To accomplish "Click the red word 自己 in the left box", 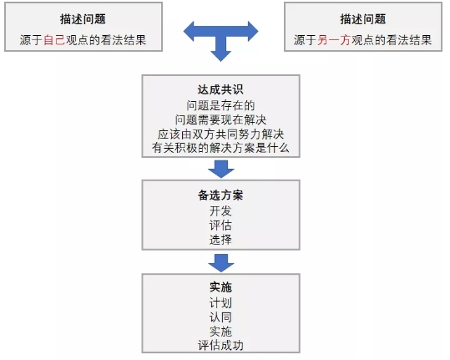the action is pyautogui.click(x=54, y=40).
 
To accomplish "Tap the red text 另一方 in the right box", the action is pyautogui.click(x=334, y=40).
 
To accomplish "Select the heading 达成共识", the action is pyautogui.click(x=220, y=89).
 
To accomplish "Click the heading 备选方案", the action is pyautogui.click(x=220, y=195).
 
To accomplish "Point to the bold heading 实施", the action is pyautogui.click(x=220, y=286).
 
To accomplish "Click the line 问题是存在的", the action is pyautogui.click(x=220, y=105).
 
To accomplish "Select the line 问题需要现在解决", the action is pyautogui.click(x=220, y=119).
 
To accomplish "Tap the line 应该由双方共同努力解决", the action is pyautogui.click(x=220, y=134).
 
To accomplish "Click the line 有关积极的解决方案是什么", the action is pyautogui.click(x=220, y=148).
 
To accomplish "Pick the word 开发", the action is pyautogui.click(x=220, y=211).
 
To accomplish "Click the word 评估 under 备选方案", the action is pyautogui.click(x=220, y=226).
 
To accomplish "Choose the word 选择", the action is pyautogui.click(x=220, y=240).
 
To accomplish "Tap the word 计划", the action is pyautogui.click(x=220, y=303).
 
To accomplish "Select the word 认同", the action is pyautogui.click(x=220, y=317).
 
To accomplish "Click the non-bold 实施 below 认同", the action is pyautogui.click(x=220, y=332).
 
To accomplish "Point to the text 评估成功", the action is pyautogui.click(x=220, y=345).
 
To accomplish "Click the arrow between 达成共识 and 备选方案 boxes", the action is pyautogui.click(x=221, y=169).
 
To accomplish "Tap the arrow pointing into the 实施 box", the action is pyautogui.click(x=221, y=262).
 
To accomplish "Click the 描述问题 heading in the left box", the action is pyautogui.click(x=83, y=19).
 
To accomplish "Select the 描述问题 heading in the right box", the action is pyautogui.click(x=363, y=19).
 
